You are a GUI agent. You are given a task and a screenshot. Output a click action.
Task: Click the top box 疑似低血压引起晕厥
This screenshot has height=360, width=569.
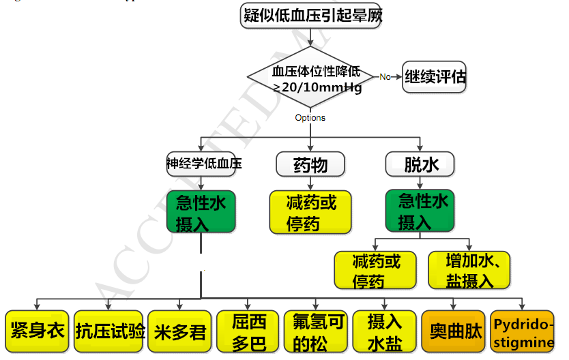click(311, 15)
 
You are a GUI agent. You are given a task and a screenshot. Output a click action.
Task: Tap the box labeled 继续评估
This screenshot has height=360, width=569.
click(435, 76)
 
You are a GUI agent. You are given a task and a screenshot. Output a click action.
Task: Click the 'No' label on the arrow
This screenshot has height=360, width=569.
click(385, 77)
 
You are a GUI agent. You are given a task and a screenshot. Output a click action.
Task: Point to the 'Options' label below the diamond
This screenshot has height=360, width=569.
click(310, 118)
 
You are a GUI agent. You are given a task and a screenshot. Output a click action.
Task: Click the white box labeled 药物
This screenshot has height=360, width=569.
click(310, 164)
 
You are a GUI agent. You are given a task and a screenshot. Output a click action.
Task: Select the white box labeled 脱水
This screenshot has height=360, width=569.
click(420, 164)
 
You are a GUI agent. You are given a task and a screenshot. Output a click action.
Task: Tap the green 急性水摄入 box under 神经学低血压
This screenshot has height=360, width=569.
click(201, 213)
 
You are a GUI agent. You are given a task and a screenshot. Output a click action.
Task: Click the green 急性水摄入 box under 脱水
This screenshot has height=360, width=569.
click(420, 211)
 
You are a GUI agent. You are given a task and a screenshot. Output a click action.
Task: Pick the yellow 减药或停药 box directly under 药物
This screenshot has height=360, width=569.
click(310, 212)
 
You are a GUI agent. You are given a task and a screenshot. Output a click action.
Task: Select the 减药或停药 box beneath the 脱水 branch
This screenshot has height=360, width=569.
click(375, 270)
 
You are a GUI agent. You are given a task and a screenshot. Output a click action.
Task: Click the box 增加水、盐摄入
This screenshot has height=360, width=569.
click(469, 270)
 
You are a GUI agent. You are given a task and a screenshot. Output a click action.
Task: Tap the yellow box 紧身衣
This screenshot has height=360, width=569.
click(36, 331)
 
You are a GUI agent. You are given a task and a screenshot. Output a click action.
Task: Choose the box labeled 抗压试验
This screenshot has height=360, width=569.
click(109, 332)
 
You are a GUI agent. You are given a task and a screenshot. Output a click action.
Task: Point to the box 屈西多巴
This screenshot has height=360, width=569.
click(248, 332)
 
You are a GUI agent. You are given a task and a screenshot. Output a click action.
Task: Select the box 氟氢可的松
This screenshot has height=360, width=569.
click(316, 332)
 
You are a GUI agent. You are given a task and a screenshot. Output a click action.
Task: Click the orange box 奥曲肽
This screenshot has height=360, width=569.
click(454, 332)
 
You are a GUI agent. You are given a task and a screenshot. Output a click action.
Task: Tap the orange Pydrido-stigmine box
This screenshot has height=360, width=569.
click(522, 332)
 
